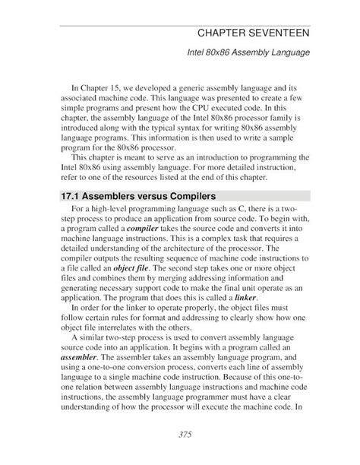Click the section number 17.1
pos(74,195)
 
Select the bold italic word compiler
pos(153,226)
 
